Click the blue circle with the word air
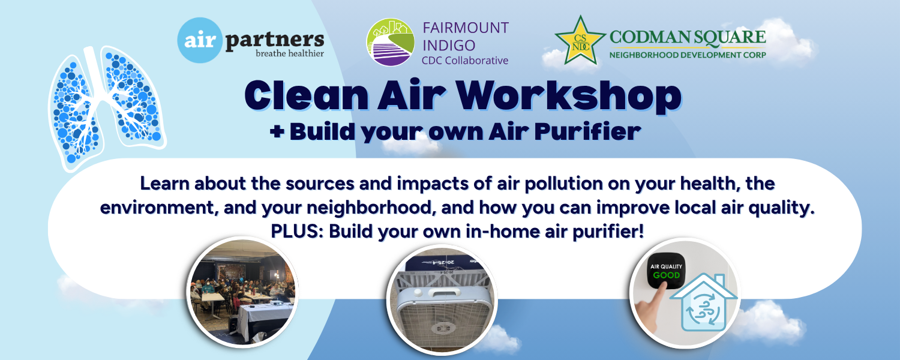pos(200,40)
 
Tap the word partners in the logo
pos(274,40)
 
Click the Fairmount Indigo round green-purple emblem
pos(390,42)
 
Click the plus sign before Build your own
pos(277,131)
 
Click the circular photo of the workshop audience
pos(242,292)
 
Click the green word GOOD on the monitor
pos(666,275)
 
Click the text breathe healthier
pos(290,53)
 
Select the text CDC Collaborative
pos(465,61)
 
